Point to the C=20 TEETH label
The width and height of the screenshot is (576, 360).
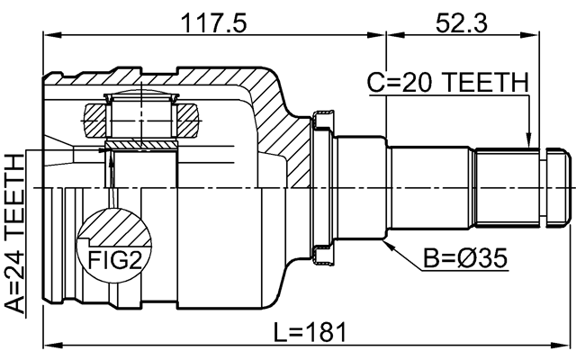point(447,84)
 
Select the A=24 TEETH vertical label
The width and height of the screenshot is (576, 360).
point(14,233)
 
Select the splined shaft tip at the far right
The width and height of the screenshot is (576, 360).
point(560,187)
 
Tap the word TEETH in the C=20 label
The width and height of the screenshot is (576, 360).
point(484,84)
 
